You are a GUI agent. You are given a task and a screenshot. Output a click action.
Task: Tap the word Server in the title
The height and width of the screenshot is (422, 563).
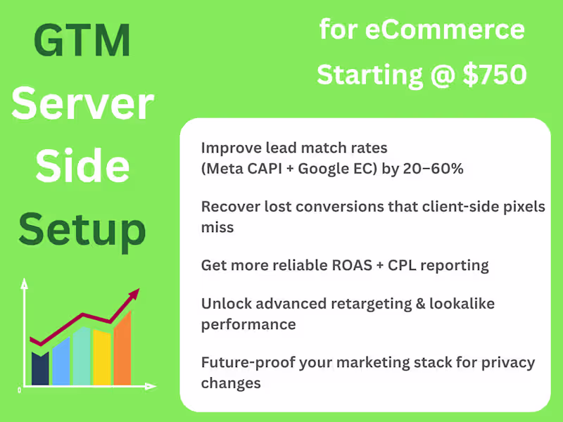(83, 103)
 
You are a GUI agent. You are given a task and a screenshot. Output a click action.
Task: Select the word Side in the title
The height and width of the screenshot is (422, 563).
(83, 166)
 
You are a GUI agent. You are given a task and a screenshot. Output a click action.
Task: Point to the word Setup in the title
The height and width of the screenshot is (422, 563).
(83, 229)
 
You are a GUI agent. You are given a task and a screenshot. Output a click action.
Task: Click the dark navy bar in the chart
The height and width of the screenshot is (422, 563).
(41, 369)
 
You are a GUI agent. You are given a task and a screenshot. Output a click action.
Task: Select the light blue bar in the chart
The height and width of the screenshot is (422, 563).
(61, 362)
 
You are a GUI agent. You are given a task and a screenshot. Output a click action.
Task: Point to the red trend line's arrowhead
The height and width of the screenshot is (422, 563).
(134, 295)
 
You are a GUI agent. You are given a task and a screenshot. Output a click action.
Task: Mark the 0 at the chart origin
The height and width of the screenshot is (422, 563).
(19, 389)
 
